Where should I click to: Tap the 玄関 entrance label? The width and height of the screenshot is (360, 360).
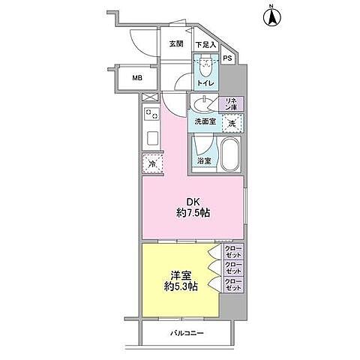pyautogui.click(x=177, y=44)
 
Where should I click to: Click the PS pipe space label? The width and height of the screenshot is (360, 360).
pyautogui.click(x=227, y=59)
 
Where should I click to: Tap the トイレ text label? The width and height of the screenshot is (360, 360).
pyautogui.click(x=205, y=82)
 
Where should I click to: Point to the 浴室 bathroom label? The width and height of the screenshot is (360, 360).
pyautogui.click(x=204, y=161)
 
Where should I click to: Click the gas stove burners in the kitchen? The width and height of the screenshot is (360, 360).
pyautogui.click(x=151, y=115)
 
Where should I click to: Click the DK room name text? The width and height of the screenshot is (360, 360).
pyautogui.click(x=193, y=200)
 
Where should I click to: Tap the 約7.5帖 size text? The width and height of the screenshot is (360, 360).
pyautogui.click(x=193, y=213)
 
